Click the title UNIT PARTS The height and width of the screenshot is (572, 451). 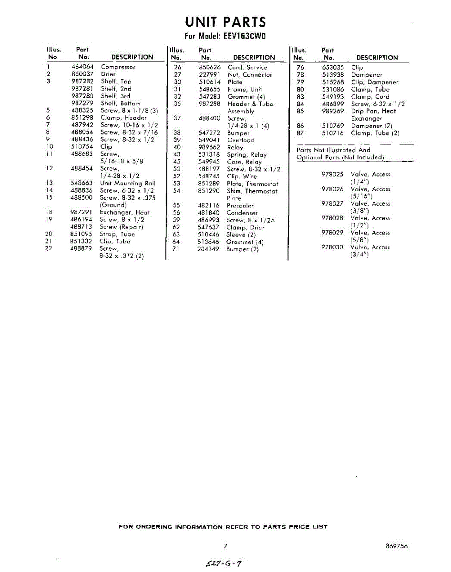[x=225, y=22]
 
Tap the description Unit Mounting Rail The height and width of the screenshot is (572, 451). [x=128, y=183]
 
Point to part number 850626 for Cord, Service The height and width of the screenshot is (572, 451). [x=209, y=68]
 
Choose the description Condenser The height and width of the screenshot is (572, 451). [x=242, y=213]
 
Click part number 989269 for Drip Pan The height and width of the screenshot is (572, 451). [x=333, y=111]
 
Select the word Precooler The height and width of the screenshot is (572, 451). [x=240, y=206]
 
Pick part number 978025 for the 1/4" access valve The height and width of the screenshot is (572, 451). [x=332, y=174]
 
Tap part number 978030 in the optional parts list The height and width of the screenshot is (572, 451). [x=332, y=247]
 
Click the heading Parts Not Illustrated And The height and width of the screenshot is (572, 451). [x=333, y=150]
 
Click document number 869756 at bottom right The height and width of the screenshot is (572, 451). [x=397, y=546]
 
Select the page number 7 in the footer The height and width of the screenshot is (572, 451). [x=225, y=546]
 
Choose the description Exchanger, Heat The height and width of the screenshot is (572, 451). [x=124, y=213]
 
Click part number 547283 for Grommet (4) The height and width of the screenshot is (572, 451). [x=209, y=97]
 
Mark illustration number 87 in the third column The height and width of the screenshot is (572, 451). [x=300, y=133]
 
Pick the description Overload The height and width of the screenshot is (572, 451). [x=241, y=140]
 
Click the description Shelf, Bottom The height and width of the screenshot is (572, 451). [x=121, y=103]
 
